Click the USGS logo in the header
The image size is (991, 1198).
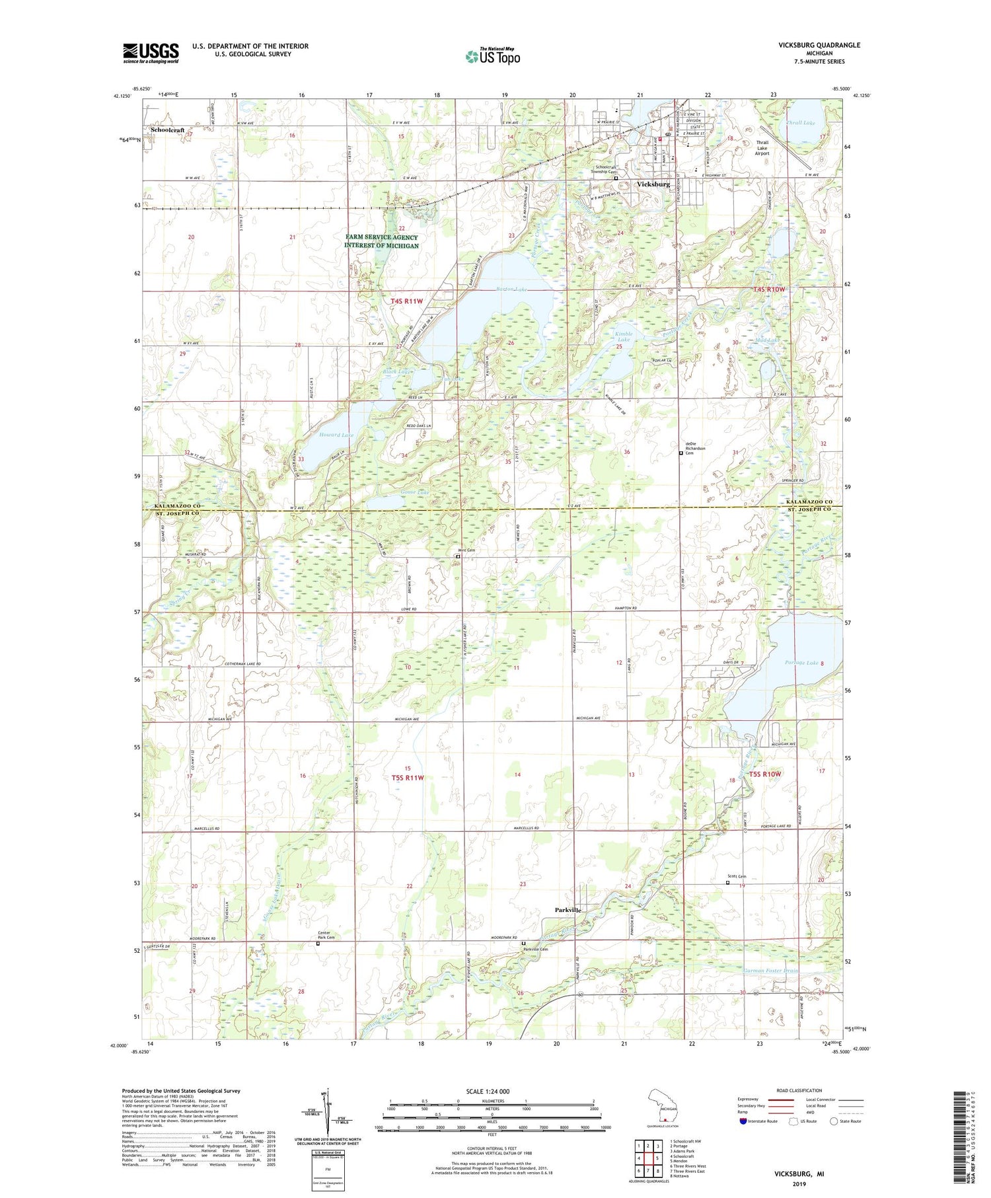click(x=151, y=53)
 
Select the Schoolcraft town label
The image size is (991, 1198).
click(x=167, y=130)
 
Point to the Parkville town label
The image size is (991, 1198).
click(x=568, y=910)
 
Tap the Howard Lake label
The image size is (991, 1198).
click(x=336, y=435)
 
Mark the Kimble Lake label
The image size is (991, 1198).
click(x=624, y=336)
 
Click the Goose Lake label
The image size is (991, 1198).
click(x=415, y=492)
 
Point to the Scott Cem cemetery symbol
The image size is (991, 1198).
click(x=728, y=882)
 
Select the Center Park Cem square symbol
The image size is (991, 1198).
click(x=317, y=944)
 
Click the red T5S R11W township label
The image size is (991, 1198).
click(x=408, y=778)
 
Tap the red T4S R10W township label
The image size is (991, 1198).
click(x=769, y=289)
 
